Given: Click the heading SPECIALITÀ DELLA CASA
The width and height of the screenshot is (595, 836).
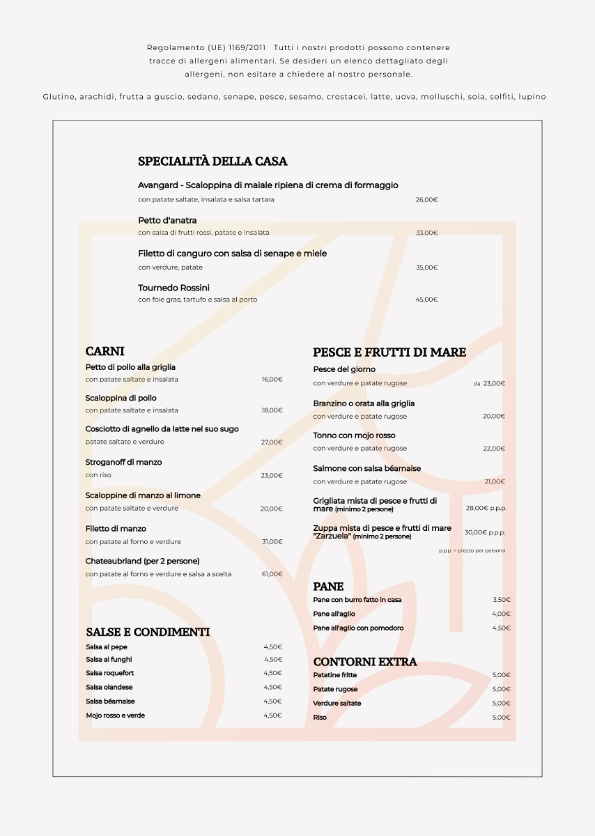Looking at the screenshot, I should tap(212, 162).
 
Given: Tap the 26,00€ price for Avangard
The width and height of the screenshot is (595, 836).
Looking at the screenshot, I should tap(426, 200).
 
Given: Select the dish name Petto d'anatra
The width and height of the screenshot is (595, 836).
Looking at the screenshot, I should tap(167, 220).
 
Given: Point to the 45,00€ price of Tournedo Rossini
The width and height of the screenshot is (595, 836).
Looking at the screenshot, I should tap(426, 300).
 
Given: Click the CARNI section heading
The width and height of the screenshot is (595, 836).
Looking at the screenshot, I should tap(105, 351).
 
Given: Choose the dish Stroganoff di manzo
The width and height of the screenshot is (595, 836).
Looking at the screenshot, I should tap(123, 462).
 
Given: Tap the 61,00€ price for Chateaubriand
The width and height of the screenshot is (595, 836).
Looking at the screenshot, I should tap(272, 574).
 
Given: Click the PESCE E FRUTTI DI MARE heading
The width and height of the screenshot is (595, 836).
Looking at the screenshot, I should tap(389, 353).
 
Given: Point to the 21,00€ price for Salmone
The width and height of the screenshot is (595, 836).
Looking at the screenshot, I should tap(494, 481).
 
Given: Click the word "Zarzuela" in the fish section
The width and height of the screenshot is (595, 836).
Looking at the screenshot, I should tap(332, 536).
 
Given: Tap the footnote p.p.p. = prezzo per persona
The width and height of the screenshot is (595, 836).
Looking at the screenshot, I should tap(472, 550).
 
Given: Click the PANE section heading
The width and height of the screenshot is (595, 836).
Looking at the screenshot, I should tap(328, 587).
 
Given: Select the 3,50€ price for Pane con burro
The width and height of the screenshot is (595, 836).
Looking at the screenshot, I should tap(501, 600).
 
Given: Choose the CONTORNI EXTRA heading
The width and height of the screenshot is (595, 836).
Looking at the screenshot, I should tap(364, 662).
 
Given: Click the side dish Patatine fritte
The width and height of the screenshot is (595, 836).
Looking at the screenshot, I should tap(334, 675).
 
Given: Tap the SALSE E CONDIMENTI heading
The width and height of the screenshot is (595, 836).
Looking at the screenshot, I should tap(148, 632).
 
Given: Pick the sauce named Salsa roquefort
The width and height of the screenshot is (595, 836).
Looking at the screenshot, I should tap(110, 673).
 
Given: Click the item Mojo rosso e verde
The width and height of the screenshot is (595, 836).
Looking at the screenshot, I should tap(115, 715).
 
